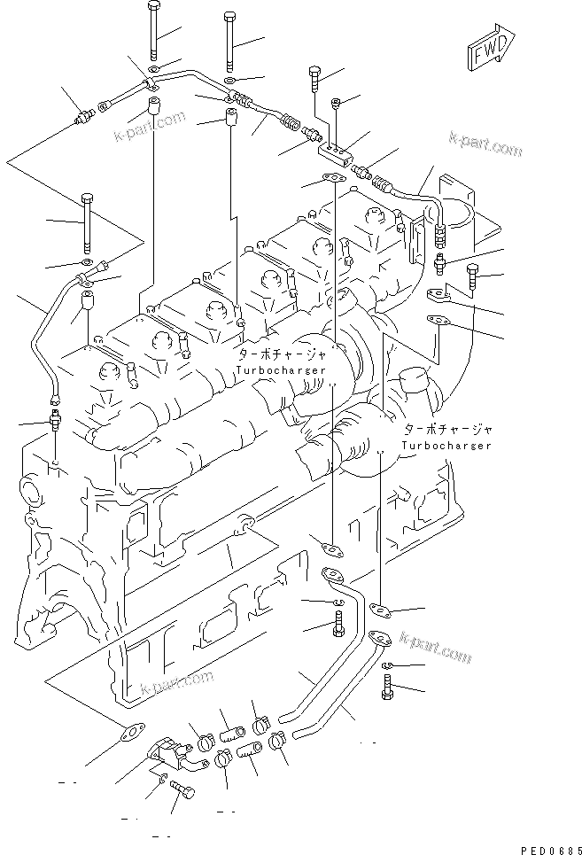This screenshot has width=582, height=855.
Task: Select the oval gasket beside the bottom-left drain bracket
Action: pos(131,734)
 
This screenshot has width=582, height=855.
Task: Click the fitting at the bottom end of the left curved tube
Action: pos(56,417)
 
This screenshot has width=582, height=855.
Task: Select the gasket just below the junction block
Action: pos(333,180)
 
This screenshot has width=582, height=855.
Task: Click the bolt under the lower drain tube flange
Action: pos(389,687)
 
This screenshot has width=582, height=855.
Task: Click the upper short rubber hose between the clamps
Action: pos(233,735)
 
